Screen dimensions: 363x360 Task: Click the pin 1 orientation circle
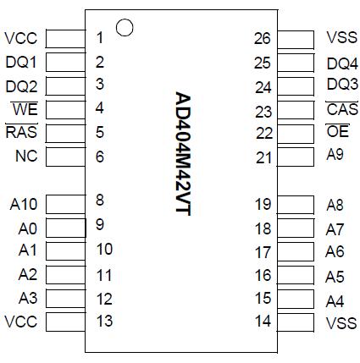tap(125, 28)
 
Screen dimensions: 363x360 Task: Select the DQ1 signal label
tap(21, 62)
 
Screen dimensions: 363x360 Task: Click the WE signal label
tap(25, 108)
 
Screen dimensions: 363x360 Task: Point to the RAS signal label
tap(20, 132)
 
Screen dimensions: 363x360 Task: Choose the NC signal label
tap(25, 157)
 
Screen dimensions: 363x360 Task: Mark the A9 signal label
tap(335, 156)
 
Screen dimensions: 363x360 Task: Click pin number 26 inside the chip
tap(263, 37)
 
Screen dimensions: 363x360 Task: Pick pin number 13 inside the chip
tap(104, 322)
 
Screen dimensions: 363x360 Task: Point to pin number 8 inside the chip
tap(100, 201)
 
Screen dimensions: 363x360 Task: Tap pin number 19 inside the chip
tap(263, 203)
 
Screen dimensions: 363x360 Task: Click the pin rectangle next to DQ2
tap(65, 85)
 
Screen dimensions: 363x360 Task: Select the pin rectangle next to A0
tap(65, 227)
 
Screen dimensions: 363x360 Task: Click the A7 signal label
tap(335, 228)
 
